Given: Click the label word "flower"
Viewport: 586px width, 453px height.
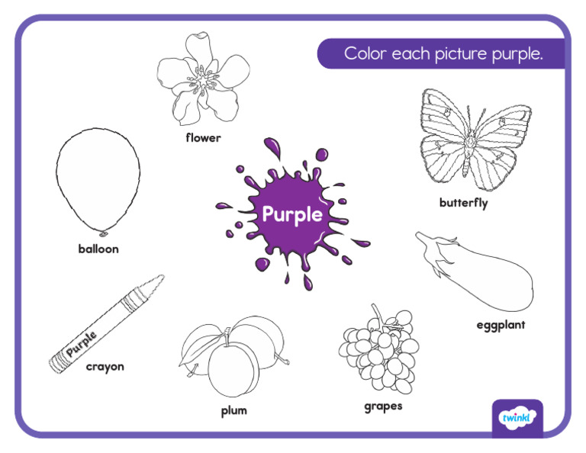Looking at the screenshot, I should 203,138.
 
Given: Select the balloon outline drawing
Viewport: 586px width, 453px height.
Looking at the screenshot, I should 98,179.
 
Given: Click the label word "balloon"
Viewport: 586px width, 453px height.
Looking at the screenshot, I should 98,249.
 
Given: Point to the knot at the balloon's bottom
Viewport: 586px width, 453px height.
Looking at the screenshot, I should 104,231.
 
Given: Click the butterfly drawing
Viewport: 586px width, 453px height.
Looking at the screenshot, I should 465,141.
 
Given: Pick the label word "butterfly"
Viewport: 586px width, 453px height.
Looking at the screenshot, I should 463,203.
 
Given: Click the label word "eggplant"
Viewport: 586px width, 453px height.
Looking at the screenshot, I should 501,325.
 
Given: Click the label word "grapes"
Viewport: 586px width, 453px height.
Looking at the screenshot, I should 382,406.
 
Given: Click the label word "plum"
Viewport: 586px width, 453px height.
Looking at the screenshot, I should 234,410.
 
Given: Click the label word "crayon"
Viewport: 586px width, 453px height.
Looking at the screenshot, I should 105,366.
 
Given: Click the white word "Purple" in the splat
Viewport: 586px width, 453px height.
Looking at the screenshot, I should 292,214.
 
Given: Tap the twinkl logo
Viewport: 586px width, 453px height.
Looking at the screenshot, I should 517,418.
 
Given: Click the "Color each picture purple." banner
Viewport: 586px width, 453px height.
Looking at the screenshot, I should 443,54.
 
